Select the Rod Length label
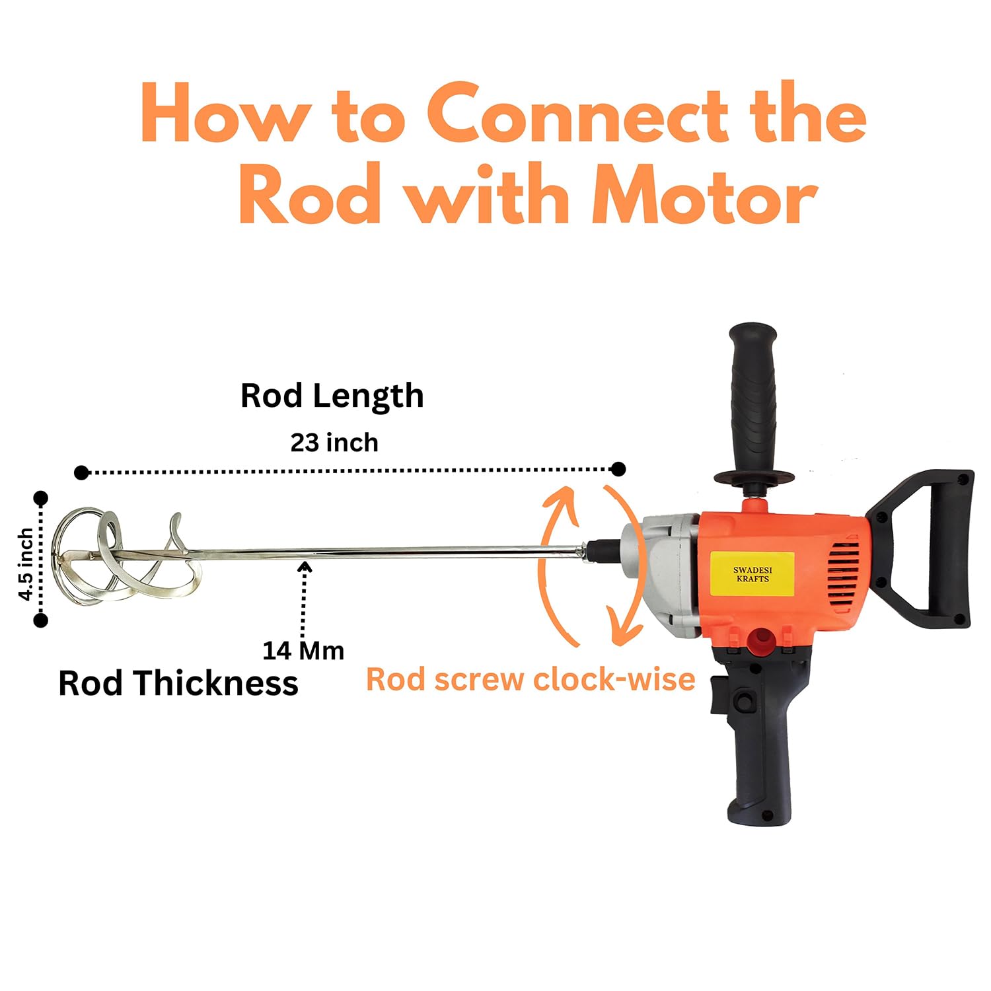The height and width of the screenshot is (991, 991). click(332, 396)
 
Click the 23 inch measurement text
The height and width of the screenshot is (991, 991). click(334, 443)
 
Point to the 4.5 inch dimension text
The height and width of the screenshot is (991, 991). click(25, 564)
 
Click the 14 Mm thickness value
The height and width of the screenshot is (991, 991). click(303, 651)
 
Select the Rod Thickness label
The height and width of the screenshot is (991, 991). click(178, 683)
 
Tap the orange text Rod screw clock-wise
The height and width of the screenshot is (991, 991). click(531, 679)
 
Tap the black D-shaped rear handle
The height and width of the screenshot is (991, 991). click(925, 548)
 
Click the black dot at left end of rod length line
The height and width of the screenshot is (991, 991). click(81, 472)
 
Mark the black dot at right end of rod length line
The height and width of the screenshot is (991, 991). click(618, 469)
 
